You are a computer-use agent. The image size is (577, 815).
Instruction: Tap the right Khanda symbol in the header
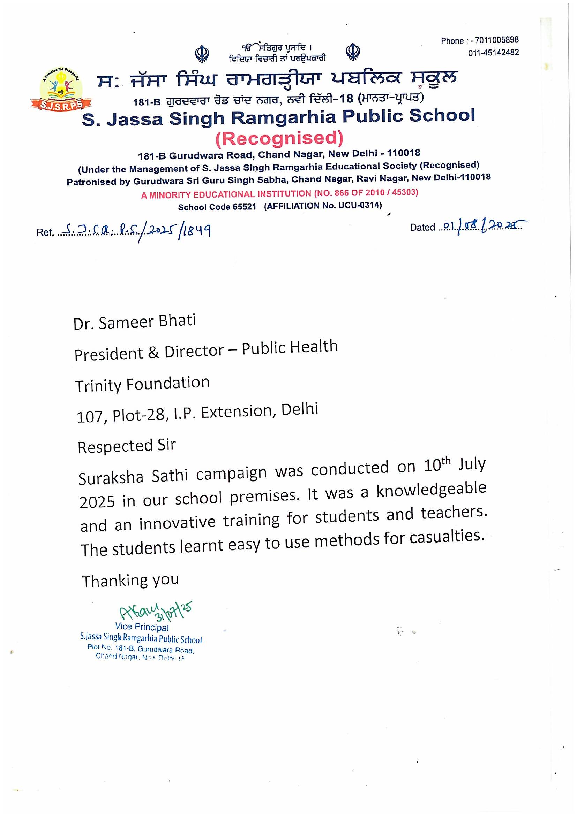[352, 52]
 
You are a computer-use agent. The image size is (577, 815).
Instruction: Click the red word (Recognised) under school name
[279, 138]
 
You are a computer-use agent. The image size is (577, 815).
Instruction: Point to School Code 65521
[217, 207]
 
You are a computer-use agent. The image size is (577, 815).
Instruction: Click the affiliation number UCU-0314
[360, 205]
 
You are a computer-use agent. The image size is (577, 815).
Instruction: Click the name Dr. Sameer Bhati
[135, 322]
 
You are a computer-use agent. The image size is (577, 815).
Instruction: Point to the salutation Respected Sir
[127, 446]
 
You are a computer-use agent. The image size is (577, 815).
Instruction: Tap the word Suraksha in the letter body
[111, 477]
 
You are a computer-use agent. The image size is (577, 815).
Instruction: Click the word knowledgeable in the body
[431, 490]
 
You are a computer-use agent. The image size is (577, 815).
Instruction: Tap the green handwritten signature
[155, 612]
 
